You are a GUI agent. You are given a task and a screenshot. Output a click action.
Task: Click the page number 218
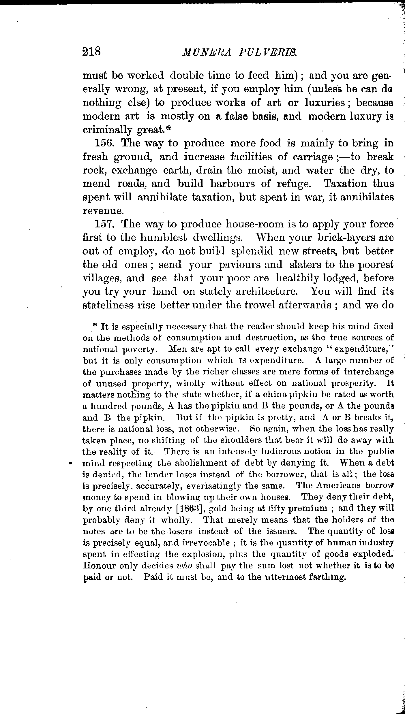(91, 52)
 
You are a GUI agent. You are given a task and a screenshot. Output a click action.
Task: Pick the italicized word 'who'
(184, 566)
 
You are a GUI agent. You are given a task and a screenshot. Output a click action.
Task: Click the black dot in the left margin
(70, 463)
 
